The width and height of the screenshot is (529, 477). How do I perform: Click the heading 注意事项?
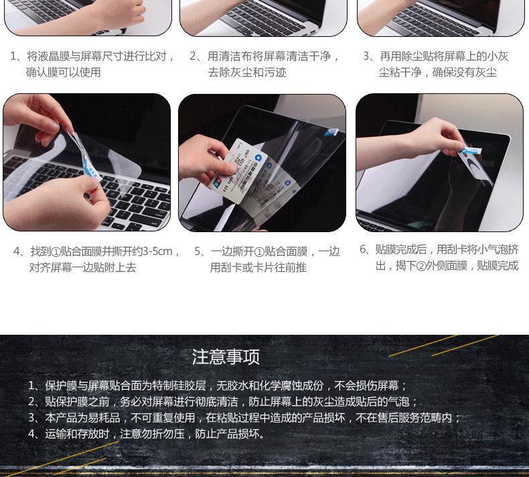coord(226,357)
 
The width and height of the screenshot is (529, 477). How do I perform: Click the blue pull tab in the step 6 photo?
coord(471,151)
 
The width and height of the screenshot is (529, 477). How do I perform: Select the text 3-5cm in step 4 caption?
coord(157,251)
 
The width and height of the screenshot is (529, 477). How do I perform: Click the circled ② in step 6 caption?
coord(421,266)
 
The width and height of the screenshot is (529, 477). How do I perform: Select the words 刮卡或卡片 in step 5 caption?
coord(248,268)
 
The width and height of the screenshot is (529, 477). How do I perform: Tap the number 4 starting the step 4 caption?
coord(17,251)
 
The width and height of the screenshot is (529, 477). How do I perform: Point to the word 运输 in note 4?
coord(56,434)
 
